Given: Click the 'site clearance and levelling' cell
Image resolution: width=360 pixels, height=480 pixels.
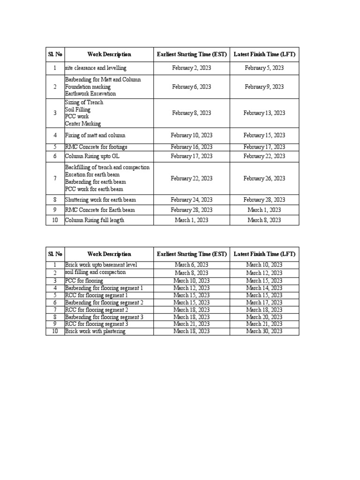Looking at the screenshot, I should [96, 68].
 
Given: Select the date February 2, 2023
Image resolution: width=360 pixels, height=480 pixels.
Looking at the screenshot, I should [191, 68].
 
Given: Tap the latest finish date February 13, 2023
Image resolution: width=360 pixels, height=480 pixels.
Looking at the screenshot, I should [264, 113].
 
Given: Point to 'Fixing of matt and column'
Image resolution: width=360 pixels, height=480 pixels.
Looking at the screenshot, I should [96, 135].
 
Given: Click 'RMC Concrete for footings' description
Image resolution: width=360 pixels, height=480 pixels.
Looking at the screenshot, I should [96, 147].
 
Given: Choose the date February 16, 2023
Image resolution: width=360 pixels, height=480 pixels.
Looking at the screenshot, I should [191, 147].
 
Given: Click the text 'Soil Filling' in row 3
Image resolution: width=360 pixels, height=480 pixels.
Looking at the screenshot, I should [78, 110].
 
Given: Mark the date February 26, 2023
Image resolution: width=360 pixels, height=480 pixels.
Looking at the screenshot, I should [264, 179].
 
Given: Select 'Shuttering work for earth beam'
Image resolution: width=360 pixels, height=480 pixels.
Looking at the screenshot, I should [100, 200].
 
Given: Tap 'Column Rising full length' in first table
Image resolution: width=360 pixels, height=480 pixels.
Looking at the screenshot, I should [94, 220].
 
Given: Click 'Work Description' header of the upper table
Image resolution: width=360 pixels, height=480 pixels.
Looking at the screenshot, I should [109, 55].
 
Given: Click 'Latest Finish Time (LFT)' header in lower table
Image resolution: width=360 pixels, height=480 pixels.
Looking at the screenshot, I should [264, 254].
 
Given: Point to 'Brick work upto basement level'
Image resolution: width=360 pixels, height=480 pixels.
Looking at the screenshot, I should [101, 265].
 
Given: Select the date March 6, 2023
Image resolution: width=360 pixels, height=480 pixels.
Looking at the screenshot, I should [191, 265].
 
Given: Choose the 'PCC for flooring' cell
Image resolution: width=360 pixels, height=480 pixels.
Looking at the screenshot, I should [84, 281].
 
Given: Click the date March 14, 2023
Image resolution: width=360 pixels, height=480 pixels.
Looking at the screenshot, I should [264, 288].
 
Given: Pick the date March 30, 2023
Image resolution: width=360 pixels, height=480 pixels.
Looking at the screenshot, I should [264, 331].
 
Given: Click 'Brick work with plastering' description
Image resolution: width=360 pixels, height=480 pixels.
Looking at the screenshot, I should [95, 331].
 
